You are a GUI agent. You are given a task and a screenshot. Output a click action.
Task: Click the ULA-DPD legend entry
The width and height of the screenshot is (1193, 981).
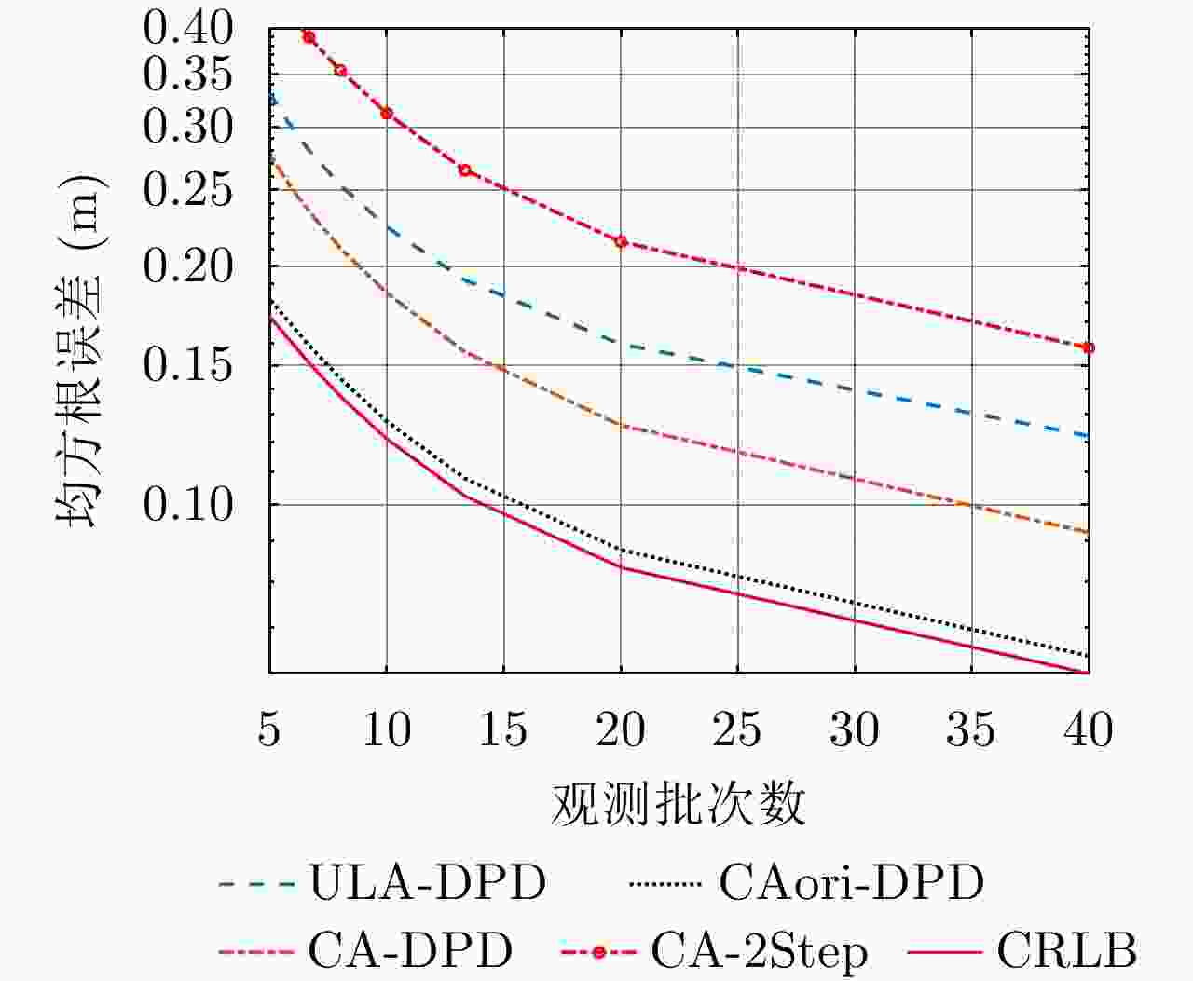point(428,881)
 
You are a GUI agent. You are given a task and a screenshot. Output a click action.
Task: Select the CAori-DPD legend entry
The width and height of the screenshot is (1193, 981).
point(851,881)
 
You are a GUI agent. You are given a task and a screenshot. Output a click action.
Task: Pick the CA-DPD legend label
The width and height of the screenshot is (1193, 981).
point(410,950)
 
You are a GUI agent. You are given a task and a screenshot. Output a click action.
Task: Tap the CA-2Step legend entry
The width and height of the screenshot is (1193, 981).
point(759,950)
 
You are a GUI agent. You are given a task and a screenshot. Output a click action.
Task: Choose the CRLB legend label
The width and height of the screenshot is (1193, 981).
point(1066,950)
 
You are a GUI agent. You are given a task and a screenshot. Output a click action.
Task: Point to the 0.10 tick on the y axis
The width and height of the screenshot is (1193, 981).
point(187,504)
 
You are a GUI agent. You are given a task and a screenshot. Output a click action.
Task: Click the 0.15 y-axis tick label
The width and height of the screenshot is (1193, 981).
point(187,365)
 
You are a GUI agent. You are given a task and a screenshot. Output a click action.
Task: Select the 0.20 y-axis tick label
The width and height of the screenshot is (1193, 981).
point(187,266)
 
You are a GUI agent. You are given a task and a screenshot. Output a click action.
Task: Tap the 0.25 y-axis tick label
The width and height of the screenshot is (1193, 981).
point(187,190)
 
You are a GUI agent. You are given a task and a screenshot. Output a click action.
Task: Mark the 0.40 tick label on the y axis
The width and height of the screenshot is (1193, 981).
point(187,29)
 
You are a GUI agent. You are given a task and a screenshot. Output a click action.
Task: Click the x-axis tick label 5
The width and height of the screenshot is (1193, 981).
point(269,729)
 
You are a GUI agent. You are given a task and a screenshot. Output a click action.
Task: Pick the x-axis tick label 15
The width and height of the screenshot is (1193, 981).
point(503,729)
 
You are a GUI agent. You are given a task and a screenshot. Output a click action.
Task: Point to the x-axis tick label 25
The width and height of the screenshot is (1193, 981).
point(737,729)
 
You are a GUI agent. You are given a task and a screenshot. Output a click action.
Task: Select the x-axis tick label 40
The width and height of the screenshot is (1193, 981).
point(1088,729)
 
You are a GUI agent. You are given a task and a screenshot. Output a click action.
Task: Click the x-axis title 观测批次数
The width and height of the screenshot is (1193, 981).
point(679,803)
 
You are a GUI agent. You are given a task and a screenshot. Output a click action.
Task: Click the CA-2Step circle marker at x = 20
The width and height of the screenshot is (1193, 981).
point(621,242)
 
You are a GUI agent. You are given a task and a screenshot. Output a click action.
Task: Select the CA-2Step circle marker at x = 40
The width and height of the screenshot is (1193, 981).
point(1088,347)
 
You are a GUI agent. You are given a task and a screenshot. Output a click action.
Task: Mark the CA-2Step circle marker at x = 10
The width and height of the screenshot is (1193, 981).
point(387,114)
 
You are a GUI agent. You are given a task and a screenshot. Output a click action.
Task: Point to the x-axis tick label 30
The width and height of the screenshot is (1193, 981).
point(854,729)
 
